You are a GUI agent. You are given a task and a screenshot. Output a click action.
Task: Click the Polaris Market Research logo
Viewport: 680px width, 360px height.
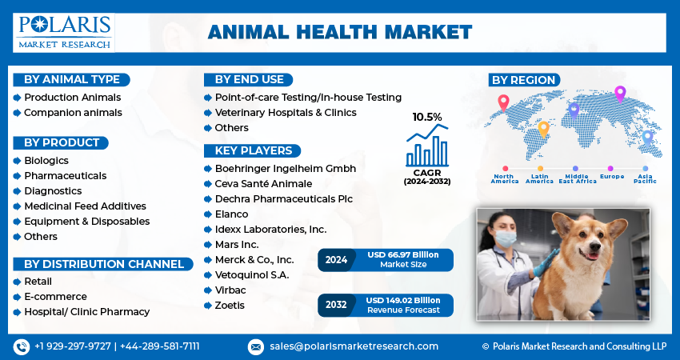click(x=64, y=33)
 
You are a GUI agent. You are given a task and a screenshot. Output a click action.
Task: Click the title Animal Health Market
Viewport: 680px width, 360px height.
click(x=339, y=33)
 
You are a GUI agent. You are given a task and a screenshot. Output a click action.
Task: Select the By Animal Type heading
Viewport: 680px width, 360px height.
click(x=72, y=79)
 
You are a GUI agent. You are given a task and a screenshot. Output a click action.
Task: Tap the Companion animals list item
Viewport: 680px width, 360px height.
click(x=73, y=113)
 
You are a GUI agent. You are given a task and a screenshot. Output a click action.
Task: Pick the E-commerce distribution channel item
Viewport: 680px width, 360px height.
click(x=55, y=296)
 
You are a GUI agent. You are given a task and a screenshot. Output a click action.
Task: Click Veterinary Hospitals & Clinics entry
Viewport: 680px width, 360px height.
click(x=286, y=113)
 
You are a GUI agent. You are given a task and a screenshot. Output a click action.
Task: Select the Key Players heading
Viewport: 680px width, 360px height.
click(x=252, y=150)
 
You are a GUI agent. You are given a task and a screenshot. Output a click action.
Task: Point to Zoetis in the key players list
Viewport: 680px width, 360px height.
click(x=230, y=306)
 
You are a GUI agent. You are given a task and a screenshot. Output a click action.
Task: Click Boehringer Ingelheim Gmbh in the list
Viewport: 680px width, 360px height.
click(x=285, y=169)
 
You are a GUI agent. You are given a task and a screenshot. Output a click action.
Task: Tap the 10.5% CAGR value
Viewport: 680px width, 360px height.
click(x=426, y=117)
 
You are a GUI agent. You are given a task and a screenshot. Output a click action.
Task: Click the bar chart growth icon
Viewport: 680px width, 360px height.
click(x=427, y=146)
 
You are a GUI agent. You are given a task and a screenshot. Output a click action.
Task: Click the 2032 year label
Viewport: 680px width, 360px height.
click(x=336, y=305)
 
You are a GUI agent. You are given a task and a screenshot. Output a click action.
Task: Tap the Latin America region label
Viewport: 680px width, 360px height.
click(x=539, y=178)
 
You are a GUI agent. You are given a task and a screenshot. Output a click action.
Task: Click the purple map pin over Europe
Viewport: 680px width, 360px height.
click(x=619, y=94)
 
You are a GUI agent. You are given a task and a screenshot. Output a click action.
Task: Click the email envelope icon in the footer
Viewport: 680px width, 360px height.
click(x=255, y=346)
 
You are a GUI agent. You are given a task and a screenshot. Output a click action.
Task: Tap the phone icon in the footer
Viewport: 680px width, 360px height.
click(x=21, y=346)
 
